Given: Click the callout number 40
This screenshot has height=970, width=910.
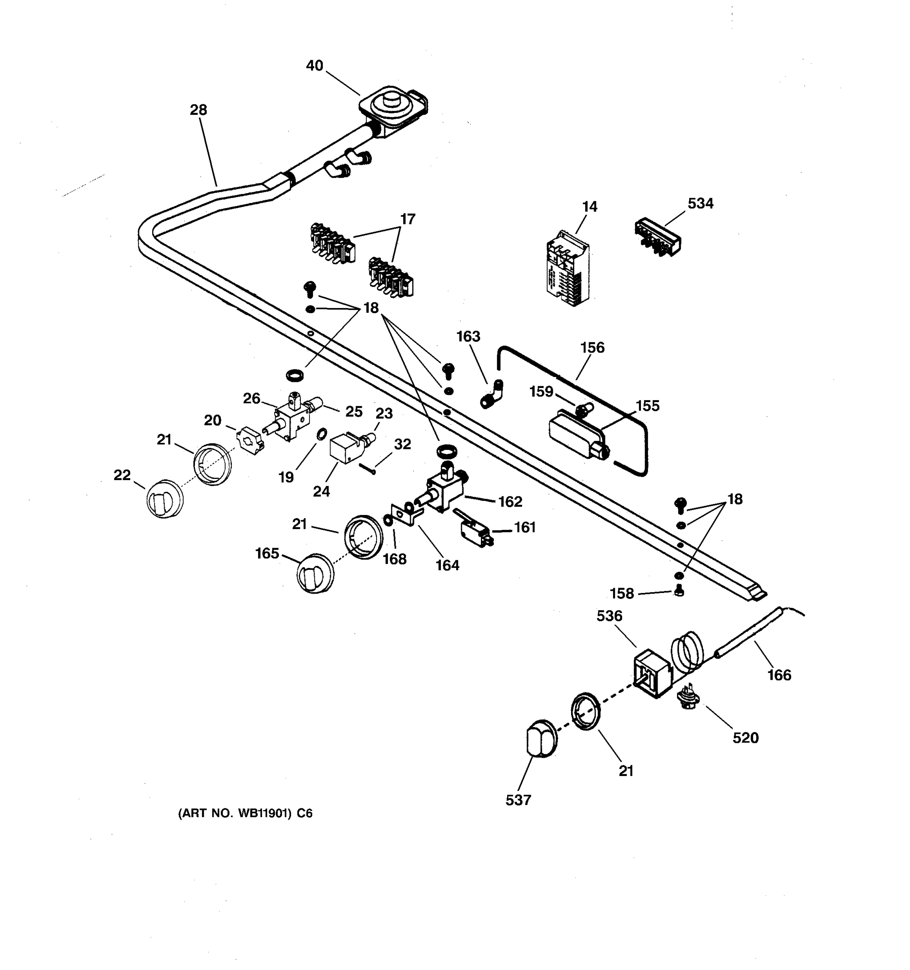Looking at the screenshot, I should (x=314, y=65).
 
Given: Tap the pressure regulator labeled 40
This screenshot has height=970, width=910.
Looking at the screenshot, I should (x=392, y=110).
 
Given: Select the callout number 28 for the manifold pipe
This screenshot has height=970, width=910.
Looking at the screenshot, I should (x=198, y=110).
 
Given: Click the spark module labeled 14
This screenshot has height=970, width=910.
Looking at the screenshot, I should (x=567, y=269).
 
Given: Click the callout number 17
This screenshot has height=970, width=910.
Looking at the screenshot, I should (x=407, y=219).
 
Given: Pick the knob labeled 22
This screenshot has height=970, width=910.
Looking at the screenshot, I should (x=165, y=498).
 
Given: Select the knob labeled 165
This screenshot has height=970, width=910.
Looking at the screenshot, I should (x=315, y=574).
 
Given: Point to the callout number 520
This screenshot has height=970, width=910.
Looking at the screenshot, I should (x=745, y=737).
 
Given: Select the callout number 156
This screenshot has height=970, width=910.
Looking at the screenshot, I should (x=592, y=348).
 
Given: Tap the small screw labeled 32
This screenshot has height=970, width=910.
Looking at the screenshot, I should (x=368, y=468).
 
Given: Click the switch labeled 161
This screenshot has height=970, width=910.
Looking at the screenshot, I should (x=474, y=529).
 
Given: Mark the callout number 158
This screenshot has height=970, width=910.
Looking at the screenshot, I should (x=622, y=593).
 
